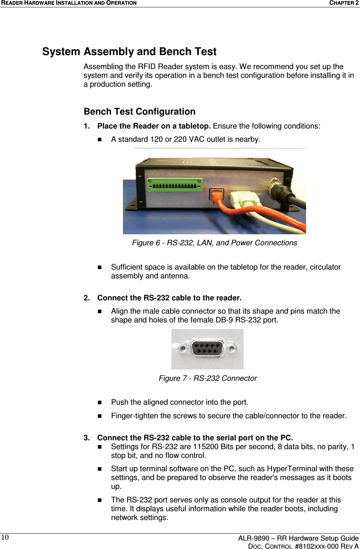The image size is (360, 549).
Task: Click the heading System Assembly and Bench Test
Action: coord(129,51)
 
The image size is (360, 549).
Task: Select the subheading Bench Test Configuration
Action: coord(139,112)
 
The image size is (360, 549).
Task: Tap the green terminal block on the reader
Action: coord(175,185)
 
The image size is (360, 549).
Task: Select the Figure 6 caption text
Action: coord(214,243)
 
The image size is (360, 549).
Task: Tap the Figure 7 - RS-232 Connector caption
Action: coord(207,378)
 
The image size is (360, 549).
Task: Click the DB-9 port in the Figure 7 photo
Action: coord(207,349)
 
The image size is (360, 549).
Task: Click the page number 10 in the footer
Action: coord(4,538)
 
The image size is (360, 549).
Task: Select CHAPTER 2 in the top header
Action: coord(343,3)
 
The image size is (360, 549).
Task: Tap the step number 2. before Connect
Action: coord(87,298)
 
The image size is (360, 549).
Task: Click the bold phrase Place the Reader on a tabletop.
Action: coord(154,126)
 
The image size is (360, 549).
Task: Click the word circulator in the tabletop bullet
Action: coord(324,267)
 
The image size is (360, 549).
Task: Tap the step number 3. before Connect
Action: coord(87,438)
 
